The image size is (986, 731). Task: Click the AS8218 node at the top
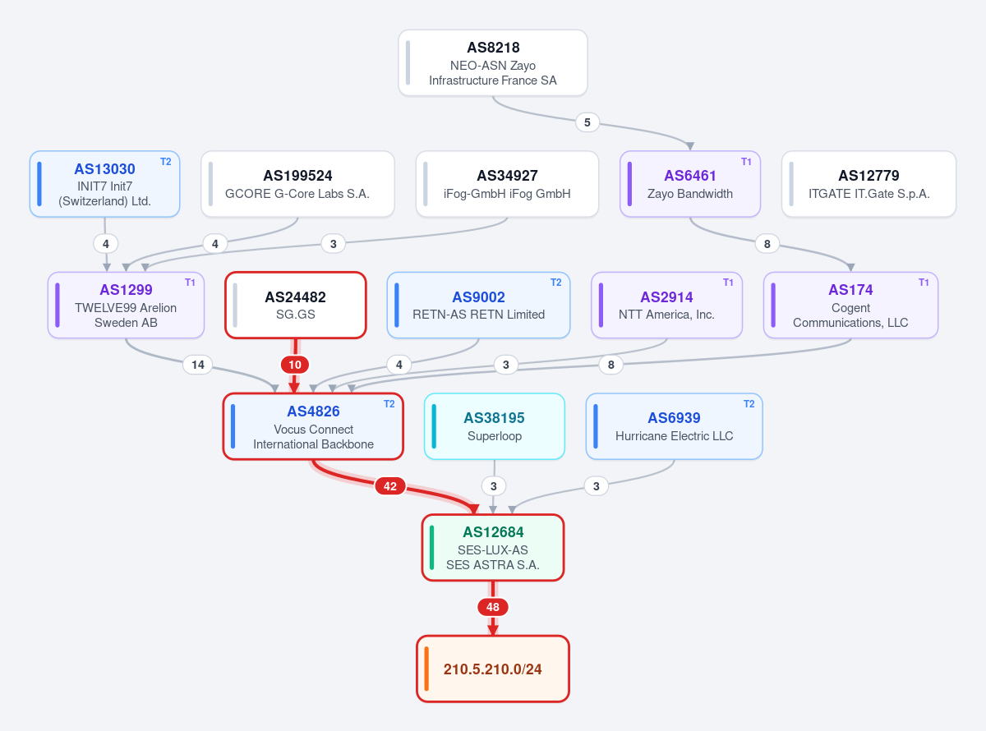[492, 62]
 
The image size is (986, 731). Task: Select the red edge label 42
[389, 486]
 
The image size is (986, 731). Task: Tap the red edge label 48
[492, 607]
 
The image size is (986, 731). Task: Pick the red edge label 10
[295, 365]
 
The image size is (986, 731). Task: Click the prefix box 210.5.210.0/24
[492, 669]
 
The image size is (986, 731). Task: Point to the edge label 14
[198, 365]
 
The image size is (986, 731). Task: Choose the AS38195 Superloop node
[495, 426]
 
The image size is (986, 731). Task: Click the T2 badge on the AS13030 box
[166, 162]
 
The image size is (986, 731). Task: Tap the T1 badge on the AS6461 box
[746, 162]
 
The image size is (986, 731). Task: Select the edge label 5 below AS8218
[587, 122]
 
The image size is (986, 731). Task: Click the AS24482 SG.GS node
[296, 306]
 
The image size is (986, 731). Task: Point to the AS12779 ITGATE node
[869, 184]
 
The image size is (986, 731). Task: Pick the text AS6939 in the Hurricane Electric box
[674, 418]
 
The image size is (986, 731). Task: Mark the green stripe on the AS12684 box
[431, 548]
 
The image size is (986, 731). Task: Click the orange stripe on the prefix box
[426, 669]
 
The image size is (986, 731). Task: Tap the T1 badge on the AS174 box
[924, 283]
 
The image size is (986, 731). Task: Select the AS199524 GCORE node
[297, 184]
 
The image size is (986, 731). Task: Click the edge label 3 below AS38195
[494, 486]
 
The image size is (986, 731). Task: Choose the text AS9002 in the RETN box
[478, 297]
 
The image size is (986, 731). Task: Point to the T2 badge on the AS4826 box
[389, 404]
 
